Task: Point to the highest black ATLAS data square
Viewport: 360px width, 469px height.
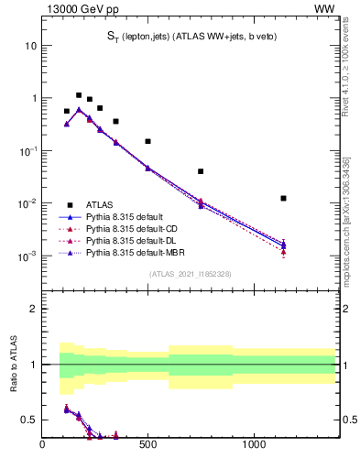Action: pos(79,95)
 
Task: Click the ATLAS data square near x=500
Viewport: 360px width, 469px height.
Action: pos(147,141)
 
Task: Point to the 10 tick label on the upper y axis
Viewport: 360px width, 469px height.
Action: pos(31,45)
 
